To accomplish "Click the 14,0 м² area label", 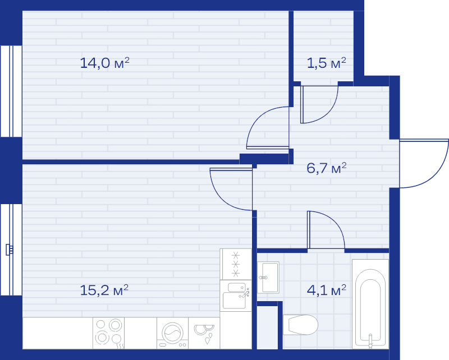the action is coord(104,63).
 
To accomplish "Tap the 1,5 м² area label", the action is coord(327,63).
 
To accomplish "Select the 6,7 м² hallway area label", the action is coord(327,168).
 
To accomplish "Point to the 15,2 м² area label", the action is coord(104,290).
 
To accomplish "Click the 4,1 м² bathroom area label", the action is coord(327,290).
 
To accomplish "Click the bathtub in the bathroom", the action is coord(370,304).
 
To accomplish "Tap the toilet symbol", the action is coord(300,325).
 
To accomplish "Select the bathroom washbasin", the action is coord(268,278).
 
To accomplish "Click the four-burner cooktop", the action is coord(108,333).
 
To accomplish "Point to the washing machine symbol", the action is coord(172,333).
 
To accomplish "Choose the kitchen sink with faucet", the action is coord(236,296).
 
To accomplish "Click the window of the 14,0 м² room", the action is coord(11,91).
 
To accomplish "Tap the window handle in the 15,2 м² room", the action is coord(10,250).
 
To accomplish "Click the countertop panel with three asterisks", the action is coord(236,264).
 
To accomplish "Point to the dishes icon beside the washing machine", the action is coord(204,333).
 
